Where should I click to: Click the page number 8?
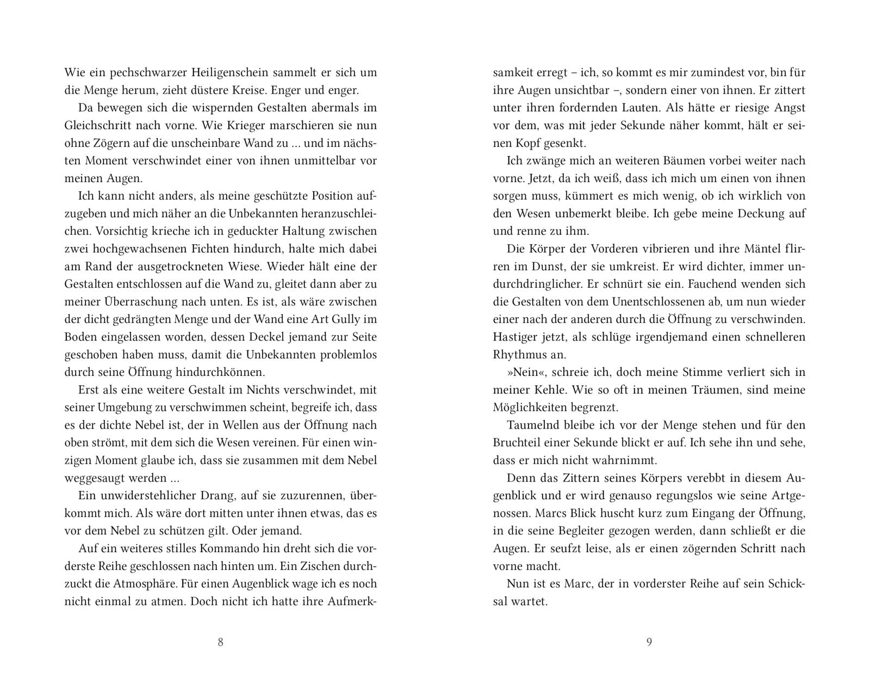[220, 642]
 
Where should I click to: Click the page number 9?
[649, 642]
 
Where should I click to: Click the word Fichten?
[192, 249]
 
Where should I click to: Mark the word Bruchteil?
[518, 442]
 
